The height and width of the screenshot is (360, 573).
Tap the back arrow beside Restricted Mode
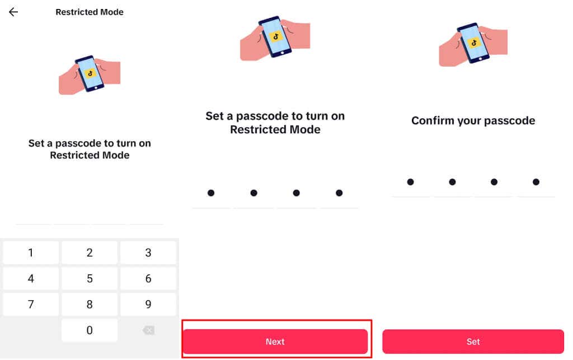click(x=13, y=12)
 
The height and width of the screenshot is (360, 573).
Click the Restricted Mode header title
click(x=90, y=12)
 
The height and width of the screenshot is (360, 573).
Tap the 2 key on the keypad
click(x=90, y=253)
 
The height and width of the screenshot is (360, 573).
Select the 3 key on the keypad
click(x=148, y=253)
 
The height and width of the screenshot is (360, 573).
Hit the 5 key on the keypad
click(x=90, y=278)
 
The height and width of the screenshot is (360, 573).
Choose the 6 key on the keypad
click(x=148, y=278)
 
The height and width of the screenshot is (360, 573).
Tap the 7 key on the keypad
click(x=31, y=305)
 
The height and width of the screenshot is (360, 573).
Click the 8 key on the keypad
click(x=90, y=305)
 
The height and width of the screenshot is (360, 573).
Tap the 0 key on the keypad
click(x=90, y=330)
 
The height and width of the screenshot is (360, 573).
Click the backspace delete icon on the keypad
click(x=148, y=330)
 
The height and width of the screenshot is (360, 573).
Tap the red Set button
click(x=473, y=342)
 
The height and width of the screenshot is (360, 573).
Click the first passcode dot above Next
click(x=211, y=193)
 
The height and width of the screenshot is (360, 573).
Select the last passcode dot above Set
click(x=536, y=182)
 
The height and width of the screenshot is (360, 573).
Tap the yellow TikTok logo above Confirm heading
click(x=473, y=43)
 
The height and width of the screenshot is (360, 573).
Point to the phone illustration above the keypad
click(x=90, y=74)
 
